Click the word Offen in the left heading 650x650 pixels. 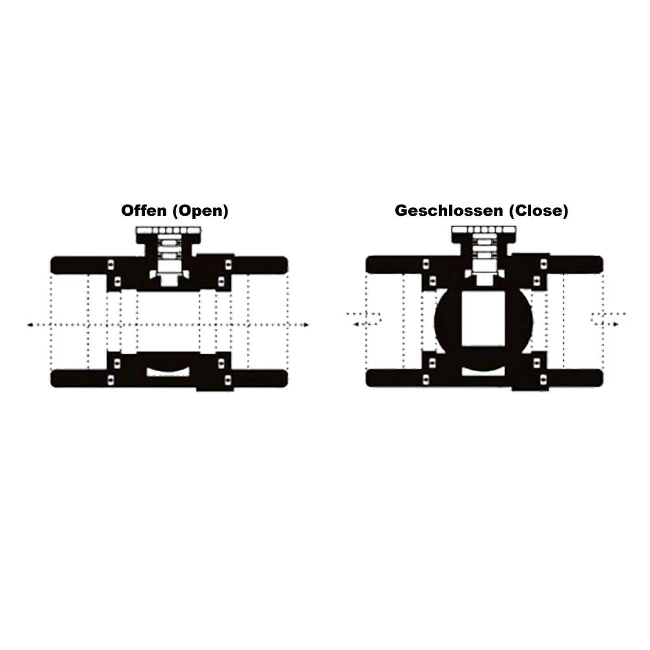coord(144,210)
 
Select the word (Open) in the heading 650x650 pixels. coord(200,211)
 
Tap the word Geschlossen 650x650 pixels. coord(449,210)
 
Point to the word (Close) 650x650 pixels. coord(538,211)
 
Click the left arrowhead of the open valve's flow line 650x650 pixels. coord(30,324)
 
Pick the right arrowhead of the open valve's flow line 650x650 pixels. coord(306,324)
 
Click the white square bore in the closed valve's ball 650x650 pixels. coord(484,318)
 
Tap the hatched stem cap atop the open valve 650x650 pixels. coord(169,230)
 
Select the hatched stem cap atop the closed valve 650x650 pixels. coord(484,230)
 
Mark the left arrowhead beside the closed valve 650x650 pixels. coord(356,324)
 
